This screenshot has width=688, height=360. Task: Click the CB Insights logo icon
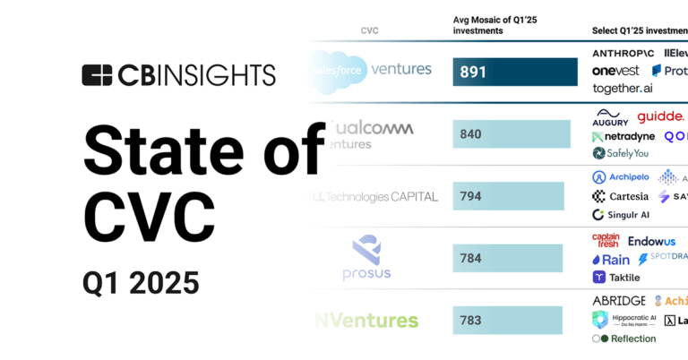pos(97,74)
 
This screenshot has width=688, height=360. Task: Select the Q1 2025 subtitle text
pos(141,283)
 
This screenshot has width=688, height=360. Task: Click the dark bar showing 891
pos(515,72)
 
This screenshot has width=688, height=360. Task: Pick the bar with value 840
pos(512,134)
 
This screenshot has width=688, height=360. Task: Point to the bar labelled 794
pos(508,196)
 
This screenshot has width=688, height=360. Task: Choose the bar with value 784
pos(507,258)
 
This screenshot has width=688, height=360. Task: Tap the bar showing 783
pos(507,320)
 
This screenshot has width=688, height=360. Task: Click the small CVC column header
pos(368,30)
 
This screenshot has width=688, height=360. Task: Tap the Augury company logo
pos(611,117)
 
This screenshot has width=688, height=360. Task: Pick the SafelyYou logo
pos(620,153)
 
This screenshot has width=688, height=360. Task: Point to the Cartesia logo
pos(620,196)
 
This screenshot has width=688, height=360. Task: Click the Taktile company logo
pos(616,278)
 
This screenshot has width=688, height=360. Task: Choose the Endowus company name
pos(651,241)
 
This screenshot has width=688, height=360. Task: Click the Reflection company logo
pos(624,339)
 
